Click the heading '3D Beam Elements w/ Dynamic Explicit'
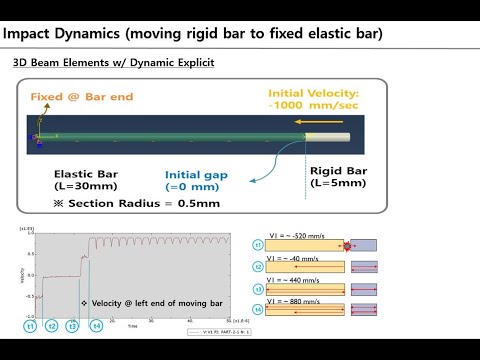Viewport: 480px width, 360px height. click(x=113, y=63)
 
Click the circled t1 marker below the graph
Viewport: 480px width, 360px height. click(x=30, y=325)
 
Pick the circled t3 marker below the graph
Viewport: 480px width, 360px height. click(x=72, y=325)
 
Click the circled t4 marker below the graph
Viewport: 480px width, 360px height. click(x=97, y=325)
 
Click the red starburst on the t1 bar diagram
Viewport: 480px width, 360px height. click(x=346, y=245)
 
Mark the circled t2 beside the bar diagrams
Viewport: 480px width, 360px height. click(x=258, y=267)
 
